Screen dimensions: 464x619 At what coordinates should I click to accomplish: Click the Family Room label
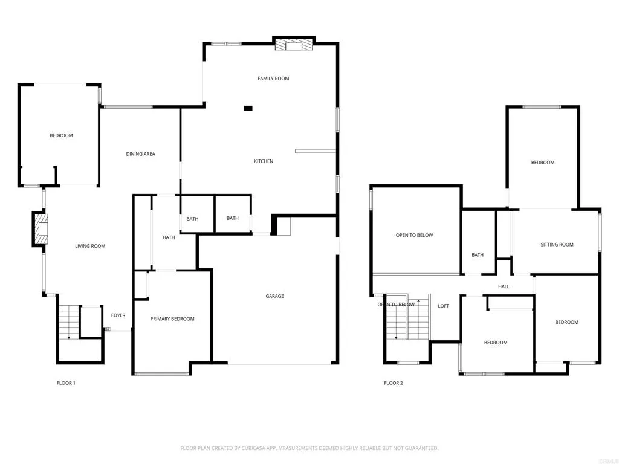[x=273, y=79]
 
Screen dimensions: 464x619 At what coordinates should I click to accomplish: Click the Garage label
[x=274, y=296]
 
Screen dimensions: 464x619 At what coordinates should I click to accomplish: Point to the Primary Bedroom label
[x=172, y=319]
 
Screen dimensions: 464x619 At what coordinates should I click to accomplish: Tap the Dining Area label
[x=140, y=154]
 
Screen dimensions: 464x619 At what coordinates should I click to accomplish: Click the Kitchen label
[x=264, y=161]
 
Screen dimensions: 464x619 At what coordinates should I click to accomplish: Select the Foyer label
[x=118, y=315]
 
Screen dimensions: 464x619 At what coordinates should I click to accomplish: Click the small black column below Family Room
[x=248, y=109]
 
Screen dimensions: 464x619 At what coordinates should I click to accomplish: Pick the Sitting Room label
[x=557, y=245]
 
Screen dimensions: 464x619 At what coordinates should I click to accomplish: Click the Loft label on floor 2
[x=443, y=306]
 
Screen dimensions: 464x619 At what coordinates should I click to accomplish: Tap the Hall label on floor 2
[x=504, y=286]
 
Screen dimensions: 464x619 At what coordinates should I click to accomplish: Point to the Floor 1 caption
[x=66, y=383]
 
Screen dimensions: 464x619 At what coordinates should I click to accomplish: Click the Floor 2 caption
[x=393, y=383]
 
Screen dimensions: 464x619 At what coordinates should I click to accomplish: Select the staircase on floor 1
[x=70, y=322]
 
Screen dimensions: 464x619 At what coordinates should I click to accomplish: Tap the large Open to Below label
[x=414, y=235]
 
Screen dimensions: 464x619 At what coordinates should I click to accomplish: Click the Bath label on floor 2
[x=478, y=255]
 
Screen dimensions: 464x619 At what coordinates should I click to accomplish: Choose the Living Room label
[x=90, y=246]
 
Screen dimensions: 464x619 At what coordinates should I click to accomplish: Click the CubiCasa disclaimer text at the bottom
[x=309, y=448]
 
